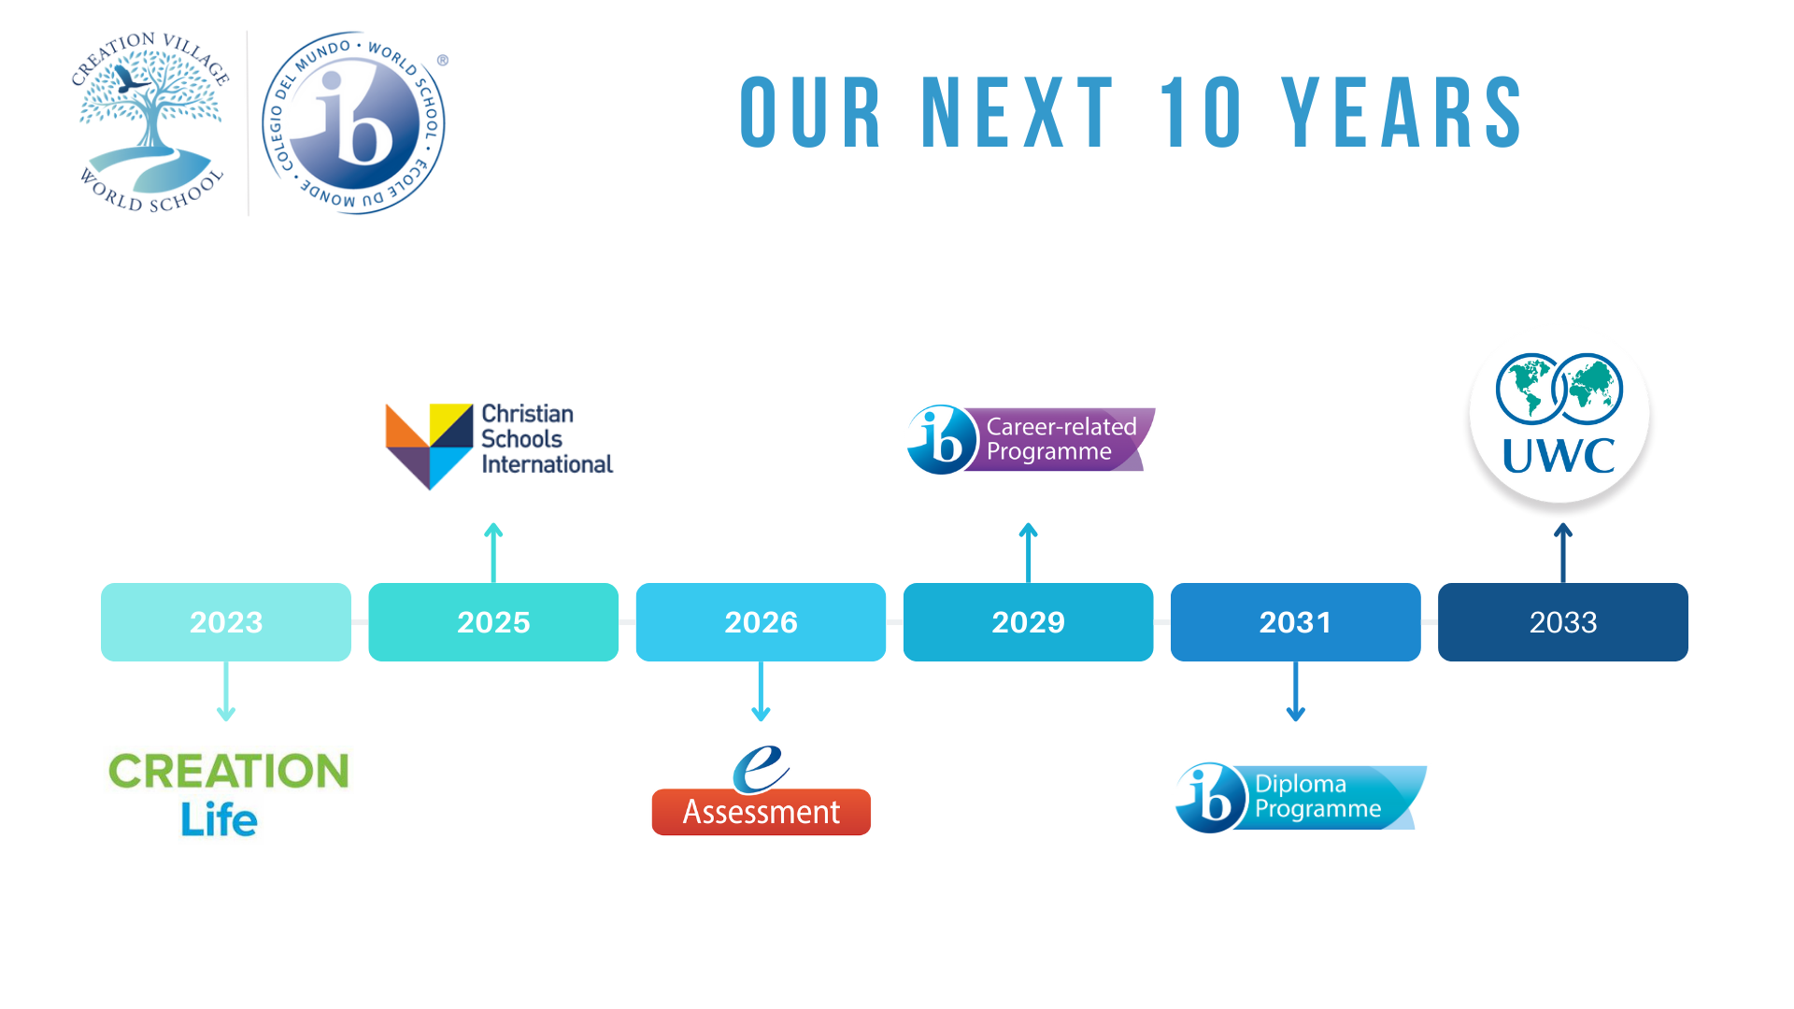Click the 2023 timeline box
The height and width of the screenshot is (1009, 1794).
pos(226,622)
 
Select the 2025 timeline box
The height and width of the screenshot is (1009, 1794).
pos(493,622)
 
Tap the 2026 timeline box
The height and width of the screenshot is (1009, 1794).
pos(761,622)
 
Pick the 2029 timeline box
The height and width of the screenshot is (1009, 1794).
pos(1028,622)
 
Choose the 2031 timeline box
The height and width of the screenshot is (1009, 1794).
pos(1295,622)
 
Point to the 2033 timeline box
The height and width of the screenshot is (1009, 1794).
pos(1563,622)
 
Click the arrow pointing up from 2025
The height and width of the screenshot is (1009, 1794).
pos(493,553)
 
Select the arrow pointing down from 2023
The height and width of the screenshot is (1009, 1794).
pos(226,691)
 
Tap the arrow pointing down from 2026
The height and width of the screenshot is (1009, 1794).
pos(761,691)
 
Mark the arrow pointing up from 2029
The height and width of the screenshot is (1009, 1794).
pos(1028,553)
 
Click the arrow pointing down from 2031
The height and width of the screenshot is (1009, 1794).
pos(1295,691)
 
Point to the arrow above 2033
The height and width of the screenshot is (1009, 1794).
pos(1563,553)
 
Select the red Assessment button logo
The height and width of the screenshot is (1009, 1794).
pos(762,812)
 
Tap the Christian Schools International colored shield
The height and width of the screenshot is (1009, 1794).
pos(429,446)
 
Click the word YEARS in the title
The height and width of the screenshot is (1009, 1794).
pos(1402,113)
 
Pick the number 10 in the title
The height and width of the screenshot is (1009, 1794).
pos(1201,113)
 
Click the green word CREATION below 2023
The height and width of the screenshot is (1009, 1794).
pos(229,772)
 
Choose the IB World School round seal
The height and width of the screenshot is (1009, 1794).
pos(354,123)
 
